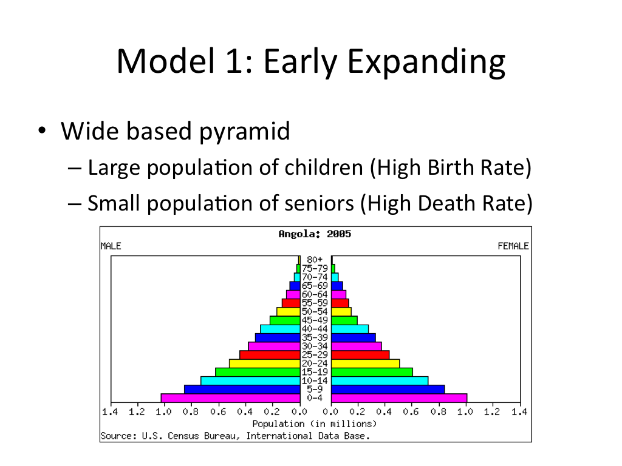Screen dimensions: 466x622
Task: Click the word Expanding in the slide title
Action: pos(426,62)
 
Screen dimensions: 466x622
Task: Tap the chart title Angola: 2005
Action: pos(315,234)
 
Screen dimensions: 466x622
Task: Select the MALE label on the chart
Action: pos(111,246)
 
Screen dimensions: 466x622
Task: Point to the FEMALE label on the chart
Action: pos(513,246)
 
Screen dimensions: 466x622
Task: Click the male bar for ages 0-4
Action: pos(230,398)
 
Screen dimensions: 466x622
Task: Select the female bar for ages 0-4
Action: pos(398,398)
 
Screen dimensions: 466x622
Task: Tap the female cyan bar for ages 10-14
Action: pos(379,380)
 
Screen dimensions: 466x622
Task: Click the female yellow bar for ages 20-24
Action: pos(365,363)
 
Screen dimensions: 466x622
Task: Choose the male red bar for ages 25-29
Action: pos(270,355)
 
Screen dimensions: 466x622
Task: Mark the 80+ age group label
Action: pos(315,260)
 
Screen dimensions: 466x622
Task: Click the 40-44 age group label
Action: pos(315,329)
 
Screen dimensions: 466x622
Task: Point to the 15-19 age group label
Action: pos(315,372)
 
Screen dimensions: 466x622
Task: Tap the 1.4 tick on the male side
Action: pos(110,412)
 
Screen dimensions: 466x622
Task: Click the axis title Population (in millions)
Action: pos(315,424)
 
